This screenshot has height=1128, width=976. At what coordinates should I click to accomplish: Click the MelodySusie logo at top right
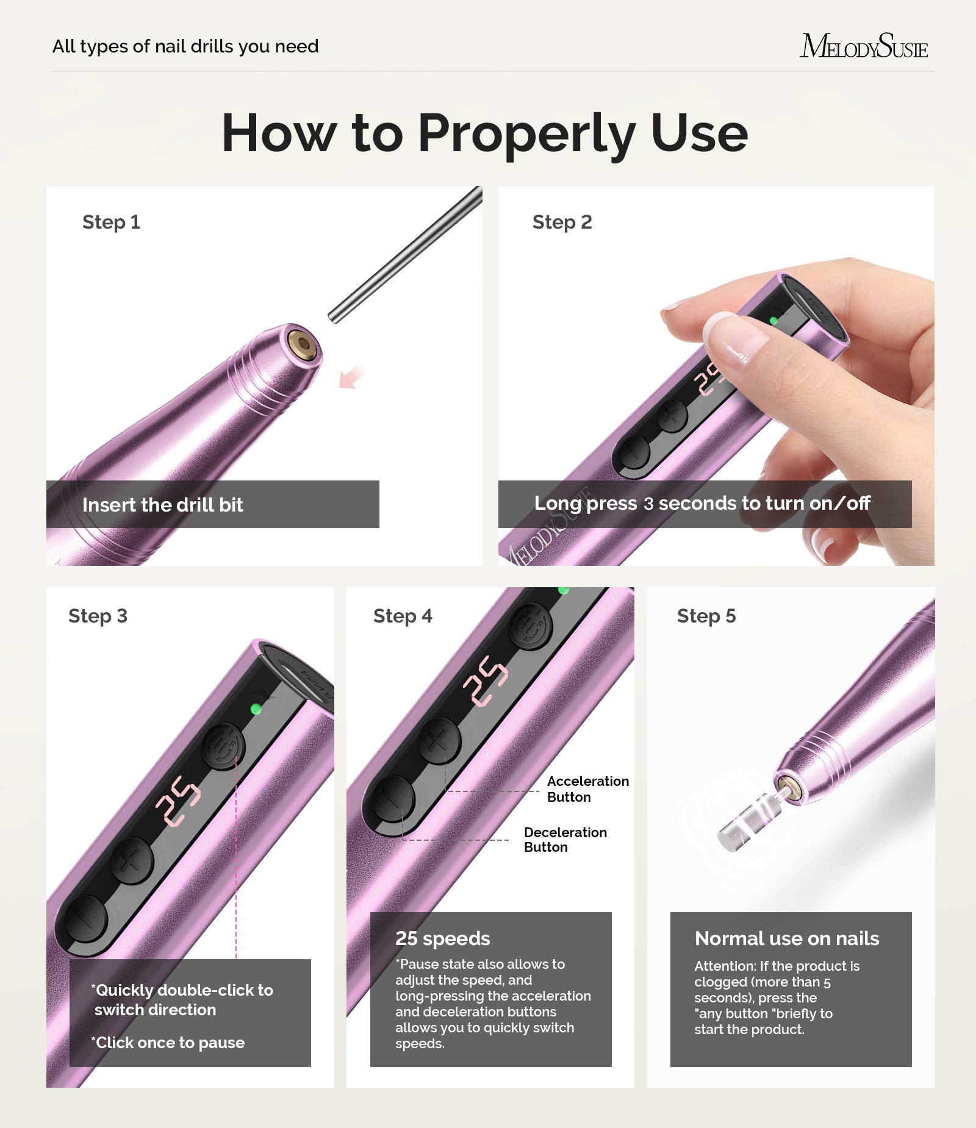click(863, 46)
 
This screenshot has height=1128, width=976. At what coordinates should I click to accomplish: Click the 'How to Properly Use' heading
click(485, 133)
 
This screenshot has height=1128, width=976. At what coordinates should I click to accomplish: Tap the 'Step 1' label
click(111, 222)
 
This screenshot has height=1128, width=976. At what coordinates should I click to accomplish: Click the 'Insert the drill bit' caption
click(162, 505)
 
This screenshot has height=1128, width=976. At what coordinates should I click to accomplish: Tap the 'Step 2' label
click(562, 222)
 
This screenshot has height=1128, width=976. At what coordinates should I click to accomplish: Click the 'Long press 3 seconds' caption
click(701, 504)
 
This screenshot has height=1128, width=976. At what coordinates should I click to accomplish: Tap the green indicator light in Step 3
click(256, 709)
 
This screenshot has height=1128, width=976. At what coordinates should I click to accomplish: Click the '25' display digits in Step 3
click(178, 801)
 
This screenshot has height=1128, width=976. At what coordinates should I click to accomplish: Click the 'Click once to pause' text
click(170, 1043)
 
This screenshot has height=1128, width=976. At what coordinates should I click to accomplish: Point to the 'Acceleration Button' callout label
click(587, 789)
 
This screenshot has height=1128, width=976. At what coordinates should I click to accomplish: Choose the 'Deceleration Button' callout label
click(565, 840)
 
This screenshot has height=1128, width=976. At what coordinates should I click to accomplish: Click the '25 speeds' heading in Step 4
click(442, 938)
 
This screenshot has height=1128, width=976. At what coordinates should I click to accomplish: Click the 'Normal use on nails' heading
click(786, 938)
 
